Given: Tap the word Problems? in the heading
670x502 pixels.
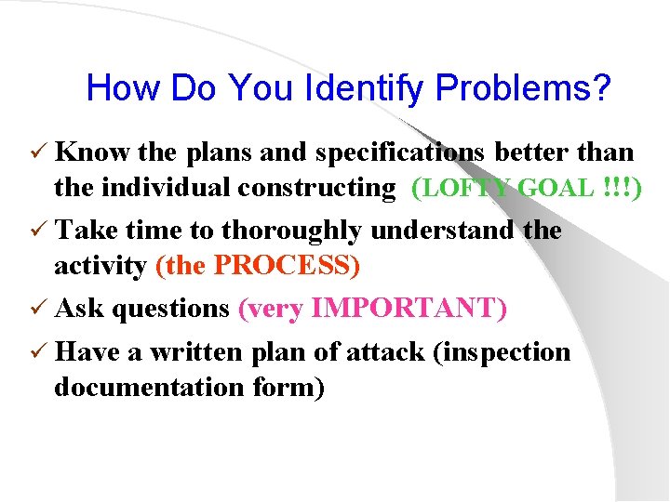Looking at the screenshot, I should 524,88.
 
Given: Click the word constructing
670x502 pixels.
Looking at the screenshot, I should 316,188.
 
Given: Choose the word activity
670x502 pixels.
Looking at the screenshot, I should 100,267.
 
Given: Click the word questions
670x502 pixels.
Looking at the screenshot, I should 170,308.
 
